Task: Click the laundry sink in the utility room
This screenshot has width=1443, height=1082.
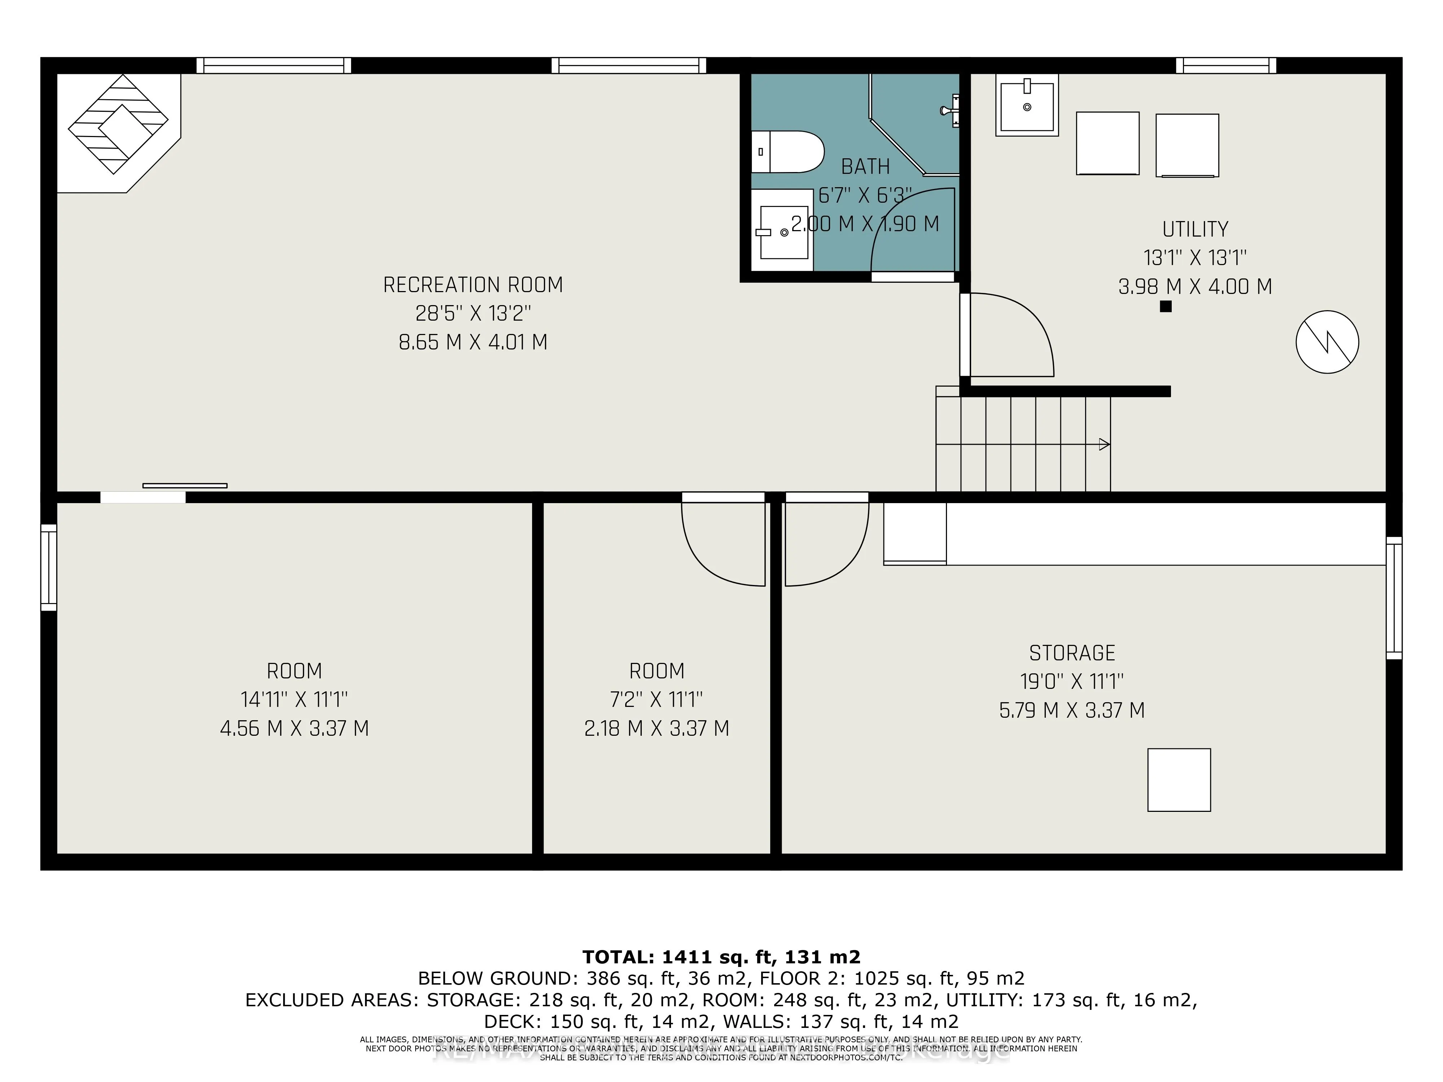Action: [x=1026, y=106]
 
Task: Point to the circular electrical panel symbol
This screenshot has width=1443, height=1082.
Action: [x=1327, y=342]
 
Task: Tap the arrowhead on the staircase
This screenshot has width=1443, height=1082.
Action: [x=1104, y=445]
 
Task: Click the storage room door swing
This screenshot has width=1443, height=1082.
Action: [x=825, y=541]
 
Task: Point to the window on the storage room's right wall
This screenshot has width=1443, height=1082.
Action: [x=1394, y=598]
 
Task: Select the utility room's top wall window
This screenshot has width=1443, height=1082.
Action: [x=1226, y=65]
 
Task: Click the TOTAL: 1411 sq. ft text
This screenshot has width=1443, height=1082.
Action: [x=721, y=957]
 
